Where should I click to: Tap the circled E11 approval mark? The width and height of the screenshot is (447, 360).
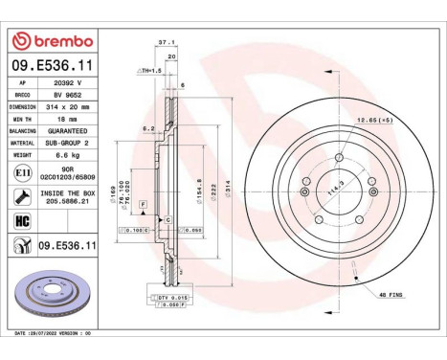[x=20, y=172]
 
